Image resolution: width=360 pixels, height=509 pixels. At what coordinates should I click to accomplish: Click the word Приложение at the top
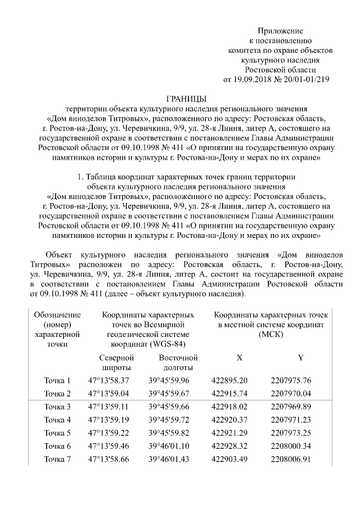tap(280, 30)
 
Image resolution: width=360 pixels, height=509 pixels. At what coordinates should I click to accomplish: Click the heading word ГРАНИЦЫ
tap(187, 98)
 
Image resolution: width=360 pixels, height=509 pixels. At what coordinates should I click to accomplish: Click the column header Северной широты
tap(116, 362)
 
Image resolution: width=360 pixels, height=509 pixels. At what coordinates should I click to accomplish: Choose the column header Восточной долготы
tap(178, 362)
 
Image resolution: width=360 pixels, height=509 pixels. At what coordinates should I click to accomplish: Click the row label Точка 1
tap(57, 381)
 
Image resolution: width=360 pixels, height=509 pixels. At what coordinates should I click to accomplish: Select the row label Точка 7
tap(57, 460)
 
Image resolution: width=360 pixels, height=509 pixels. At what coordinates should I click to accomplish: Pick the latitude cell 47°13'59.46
tap(109, 446)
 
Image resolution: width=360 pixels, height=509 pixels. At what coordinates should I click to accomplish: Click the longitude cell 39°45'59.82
tap(169, 433)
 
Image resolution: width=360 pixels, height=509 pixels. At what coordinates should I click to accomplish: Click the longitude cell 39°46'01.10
tap(169, 446)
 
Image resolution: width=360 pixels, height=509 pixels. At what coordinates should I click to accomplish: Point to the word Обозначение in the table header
tap(57, 315)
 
